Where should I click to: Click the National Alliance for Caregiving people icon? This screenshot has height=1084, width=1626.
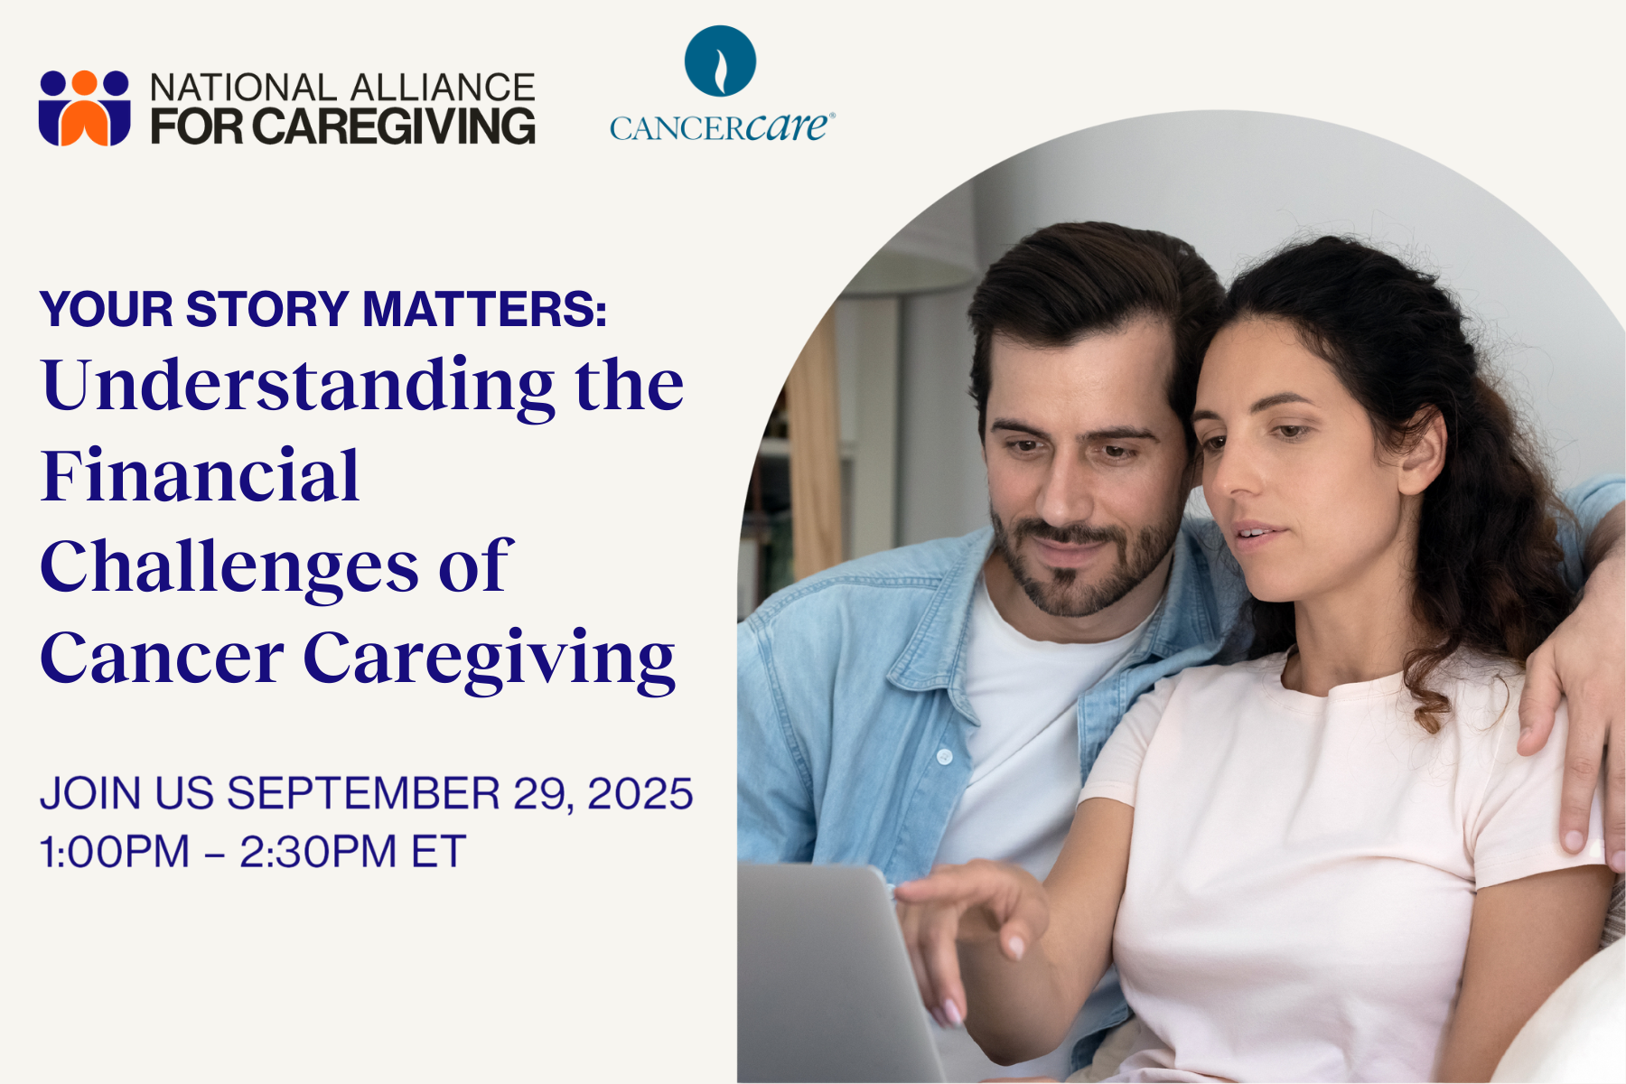(84, 107)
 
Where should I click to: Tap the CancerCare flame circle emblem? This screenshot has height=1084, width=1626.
(720, 61)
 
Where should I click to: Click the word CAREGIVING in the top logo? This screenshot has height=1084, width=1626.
(393, 126)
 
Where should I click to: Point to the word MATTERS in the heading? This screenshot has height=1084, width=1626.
(484, 309)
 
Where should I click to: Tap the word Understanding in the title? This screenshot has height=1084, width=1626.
(298, 387)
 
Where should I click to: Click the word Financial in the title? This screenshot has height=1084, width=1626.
(201, 475)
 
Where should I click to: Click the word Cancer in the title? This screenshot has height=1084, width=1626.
(163, 658)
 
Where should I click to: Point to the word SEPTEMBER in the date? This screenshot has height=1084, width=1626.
(363, 793)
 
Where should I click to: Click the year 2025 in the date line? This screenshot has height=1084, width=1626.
(640, 793)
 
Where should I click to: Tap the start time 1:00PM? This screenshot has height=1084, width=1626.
(115, 852)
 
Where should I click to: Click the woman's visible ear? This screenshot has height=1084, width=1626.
(1422, 451)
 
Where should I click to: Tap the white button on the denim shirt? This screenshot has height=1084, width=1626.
(944, 755)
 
